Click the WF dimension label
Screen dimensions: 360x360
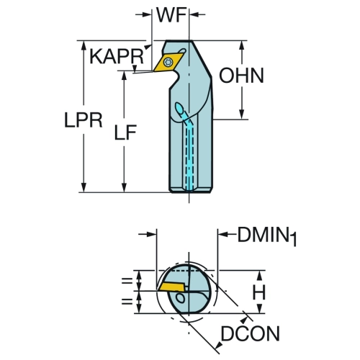tap(171, 15)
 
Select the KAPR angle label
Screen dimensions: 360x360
tap(117, 56)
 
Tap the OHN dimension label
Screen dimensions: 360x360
tap(241, 76)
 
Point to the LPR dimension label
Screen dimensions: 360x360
tap(84, 120)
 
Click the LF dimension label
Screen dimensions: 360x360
tap(125, 132)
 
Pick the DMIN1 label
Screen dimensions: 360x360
tap(267, 236)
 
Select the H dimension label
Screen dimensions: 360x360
tap(259, 292)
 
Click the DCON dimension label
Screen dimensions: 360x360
tap(251, 333)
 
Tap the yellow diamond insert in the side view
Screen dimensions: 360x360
tap(168, 63)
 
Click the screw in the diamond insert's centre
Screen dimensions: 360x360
tap(168, 62)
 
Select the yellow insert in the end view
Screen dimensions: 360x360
tap(171, 287)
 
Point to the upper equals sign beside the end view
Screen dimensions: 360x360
tap(127, 281)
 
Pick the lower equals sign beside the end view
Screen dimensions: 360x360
tap(127, 302)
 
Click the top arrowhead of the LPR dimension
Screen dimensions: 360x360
tap(84, 45)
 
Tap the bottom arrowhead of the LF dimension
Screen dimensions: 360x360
tap(124, 187)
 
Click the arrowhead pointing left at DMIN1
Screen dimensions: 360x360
tap(223, 234)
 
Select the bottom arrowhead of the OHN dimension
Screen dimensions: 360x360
tap(242, 114)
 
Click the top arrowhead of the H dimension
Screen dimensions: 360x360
tap(259, 275)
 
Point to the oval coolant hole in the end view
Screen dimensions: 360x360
tap(180, 298)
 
